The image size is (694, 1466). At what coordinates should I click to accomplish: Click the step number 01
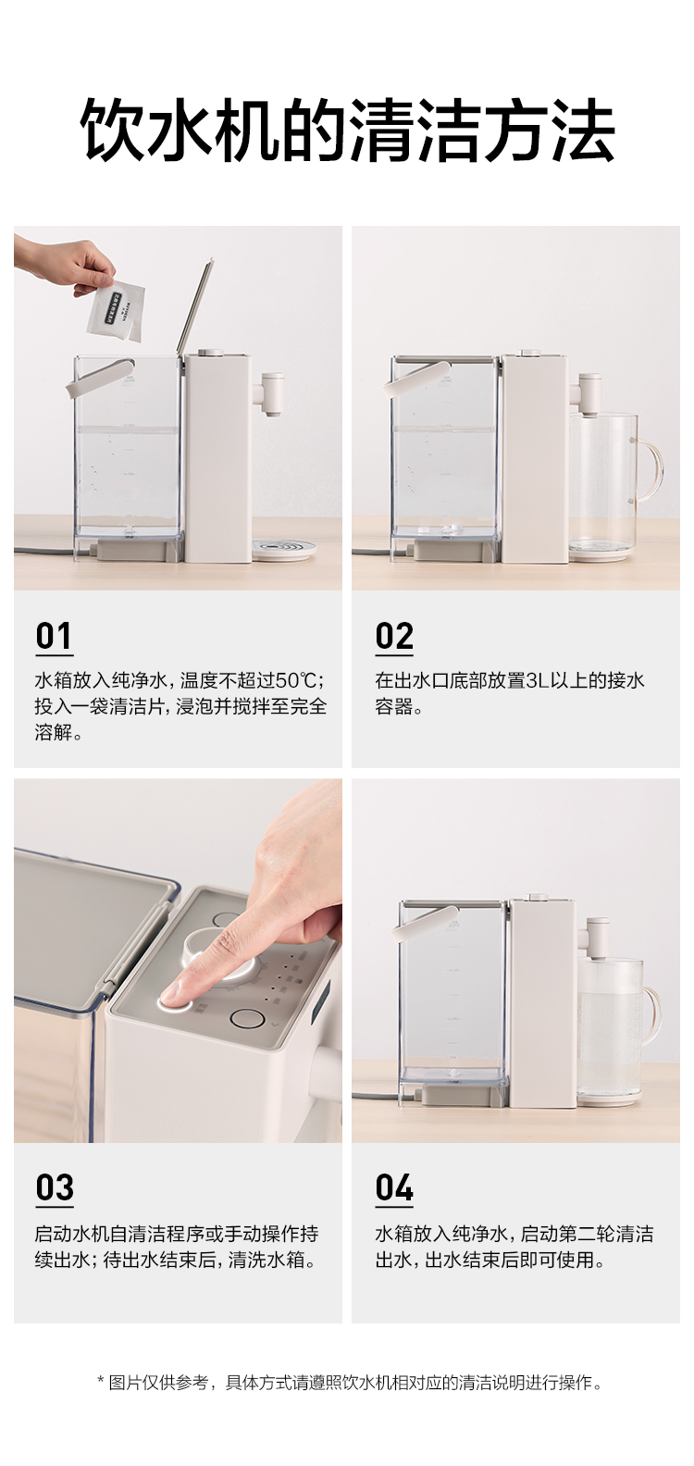[54, 636]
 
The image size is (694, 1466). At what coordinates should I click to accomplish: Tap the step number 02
[394, 636]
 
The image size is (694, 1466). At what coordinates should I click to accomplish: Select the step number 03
[55, 1187]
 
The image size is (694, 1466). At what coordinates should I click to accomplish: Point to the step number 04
[394, 1187]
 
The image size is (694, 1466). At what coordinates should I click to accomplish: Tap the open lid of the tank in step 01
[195, 306]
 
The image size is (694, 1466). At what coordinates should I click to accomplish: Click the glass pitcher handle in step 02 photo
[648, 468]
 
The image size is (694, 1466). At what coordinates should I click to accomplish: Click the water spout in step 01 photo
[271, 394]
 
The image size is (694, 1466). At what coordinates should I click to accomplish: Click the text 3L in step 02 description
[537, 680]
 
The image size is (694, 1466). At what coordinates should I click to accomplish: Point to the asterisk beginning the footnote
[100, 1381]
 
